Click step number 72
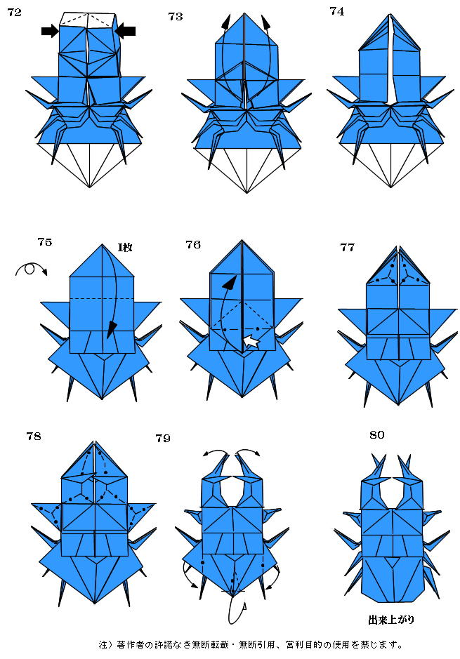14,12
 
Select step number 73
176,16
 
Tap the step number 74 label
337,11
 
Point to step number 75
44,241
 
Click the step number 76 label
193,245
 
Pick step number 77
348,247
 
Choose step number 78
34,437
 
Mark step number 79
163,439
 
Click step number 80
376,434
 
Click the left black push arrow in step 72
50,31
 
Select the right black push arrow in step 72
125,31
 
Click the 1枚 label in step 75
125,247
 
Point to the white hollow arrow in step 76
252,342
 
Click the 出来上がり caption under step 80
391,620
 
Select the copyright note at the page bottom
251,644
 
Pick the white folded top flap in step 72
88,20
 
